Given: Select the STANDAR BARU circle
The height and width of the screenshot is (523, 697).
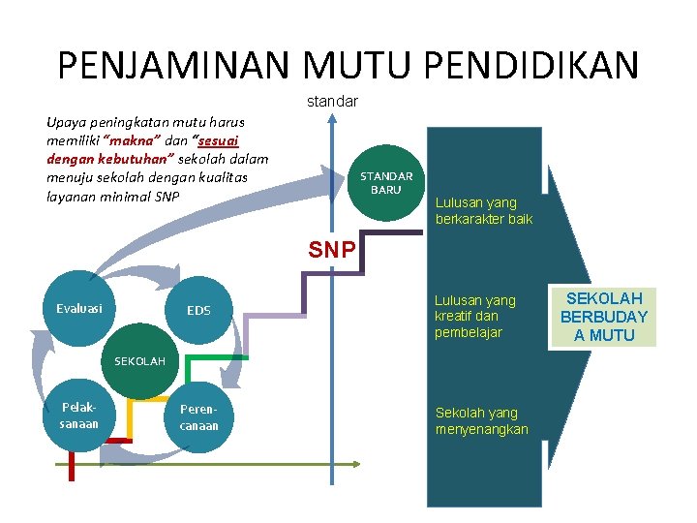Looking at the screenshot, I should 386,183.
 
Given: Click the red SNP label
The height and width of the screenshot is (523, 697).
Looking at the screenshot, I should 331,250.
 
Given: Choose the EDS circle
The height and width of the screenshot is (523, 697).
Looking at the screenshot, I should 198,311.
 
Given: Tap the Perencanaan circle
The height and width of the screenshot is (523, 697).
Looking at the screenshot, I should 198,417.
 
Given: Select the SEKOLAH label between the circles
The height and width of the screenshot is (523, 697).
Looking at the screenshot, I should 140,361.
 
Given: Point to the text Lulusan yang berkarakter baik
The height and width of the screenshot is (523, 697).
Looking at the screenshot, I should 483,211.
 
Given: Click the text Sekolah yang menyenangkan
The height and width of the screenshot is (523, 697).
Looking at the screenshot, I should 481,421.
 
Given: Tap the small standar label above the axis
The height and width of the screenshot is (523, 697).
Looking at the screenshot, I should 332,101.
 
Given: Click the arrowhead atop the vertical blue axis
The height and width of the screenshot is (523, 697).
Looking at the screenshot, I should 332,118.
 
